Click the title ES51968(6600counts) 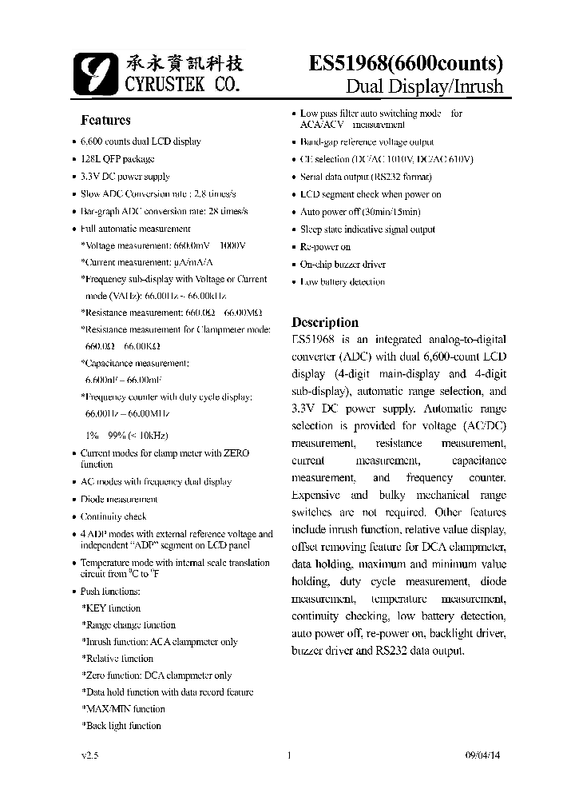[x=406, y=64]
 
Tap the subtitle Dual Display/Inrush [x=424, y=86]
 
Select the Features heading [x=105, y=121]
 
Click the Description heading [x=325, y=322]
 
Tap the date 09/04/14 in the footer [x=486, y=755]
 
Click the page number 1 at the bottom [x=288, y=755]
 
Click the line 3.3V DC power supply [x=125, y=177]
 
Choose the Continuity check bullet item [x=114, y=516]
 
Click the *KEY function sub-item [x=111, y=608]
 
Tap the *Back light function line [x=121, y=726]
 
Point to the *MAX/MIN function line [x=123, y=709]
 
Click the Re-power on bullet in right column [x=325, y=247]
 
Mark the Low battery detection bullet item [x=343, y=282]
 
